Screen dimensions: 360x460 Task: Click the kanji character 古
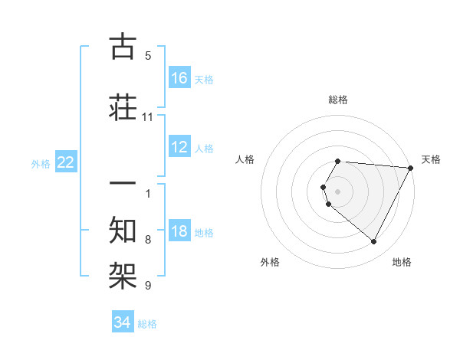(123, 47)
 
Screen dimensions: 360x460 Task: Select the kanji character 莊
(123, 106)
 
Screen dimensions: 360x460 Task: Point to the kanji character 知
(123, 230)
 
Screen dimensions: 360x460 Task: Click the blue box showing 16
(179, 78)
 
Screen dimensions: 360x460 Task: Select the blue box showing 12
(179, 147)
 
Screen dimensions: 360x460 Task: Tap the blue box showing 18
(179, 232)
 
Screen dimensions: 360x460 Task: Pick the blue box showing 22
(65, 162)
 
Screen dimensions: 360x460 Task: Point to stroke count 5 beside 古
(148, 56)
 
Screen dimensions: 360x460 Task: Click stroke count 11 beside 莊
(148, 117)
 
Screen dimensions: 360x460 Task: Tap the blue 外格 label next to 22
(41, 163)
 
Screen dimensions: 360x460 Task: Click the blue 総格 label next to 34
(147, 324)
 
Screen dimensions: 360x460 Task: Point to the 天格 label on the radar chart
(431, 159)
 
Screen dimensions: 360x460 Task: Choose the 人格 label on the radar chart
(245, 159)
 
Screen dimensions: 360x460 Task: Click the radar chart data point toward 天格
(410, 168)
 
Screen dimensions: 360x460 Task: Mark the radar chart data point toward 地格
(373, 242)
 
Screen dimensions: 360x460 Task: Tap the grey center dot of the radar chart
(337, 191)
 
